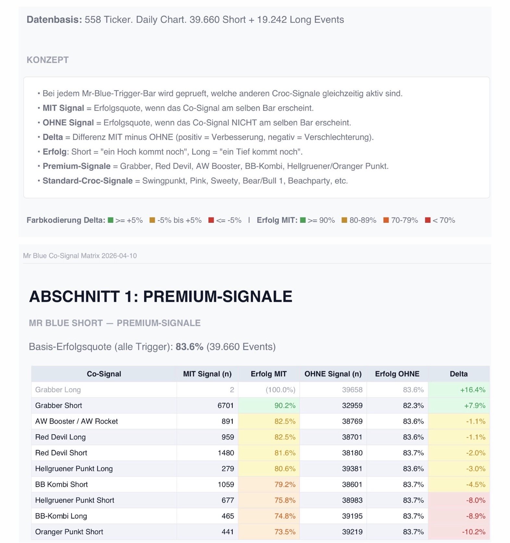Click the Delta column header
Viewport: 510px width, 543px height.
pos(458,374)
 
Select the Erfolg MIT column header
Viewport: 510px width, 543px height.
pos(268,374)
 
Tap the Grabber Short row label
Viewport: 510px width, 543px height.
pos(58,405)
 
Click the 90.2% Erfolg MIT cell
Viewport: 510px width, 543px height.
pos(285,405)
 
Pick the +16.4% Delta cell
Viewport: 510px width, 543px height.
pos(472,390)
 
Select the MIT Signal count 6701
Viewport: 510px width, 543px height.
pos(226,405)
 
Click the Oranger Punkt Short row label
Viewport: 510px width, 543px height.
pos(69,532)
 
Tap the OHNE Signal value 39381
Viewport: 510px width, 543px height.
pos(352,469)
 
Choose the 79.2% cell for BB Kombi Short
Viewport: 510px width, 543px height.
pos(285,484)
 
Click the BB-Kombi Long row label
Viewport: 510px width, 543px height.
pos(61,516)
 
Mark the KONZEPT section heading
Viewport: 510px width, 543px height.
pos(47,60)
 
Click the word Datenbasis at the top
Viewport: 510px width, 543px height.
pos(54,19)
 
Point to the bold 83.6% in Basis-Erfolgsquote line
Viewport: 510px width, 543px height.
pos(189,347)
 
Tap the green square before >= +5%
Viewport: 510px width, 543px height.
pos(111,220)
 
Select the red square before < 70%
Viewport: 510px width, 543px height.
pos(428,220)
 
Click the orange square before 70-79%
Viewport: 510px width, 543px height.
pos(386,220)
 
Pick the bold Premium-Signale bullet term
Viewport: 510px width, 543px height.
pos(76,166)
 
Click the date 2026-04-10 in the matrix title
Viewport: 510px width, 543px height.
pos(119,256)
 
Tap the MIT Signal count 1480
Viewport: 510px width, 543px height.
pos(226,453)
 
